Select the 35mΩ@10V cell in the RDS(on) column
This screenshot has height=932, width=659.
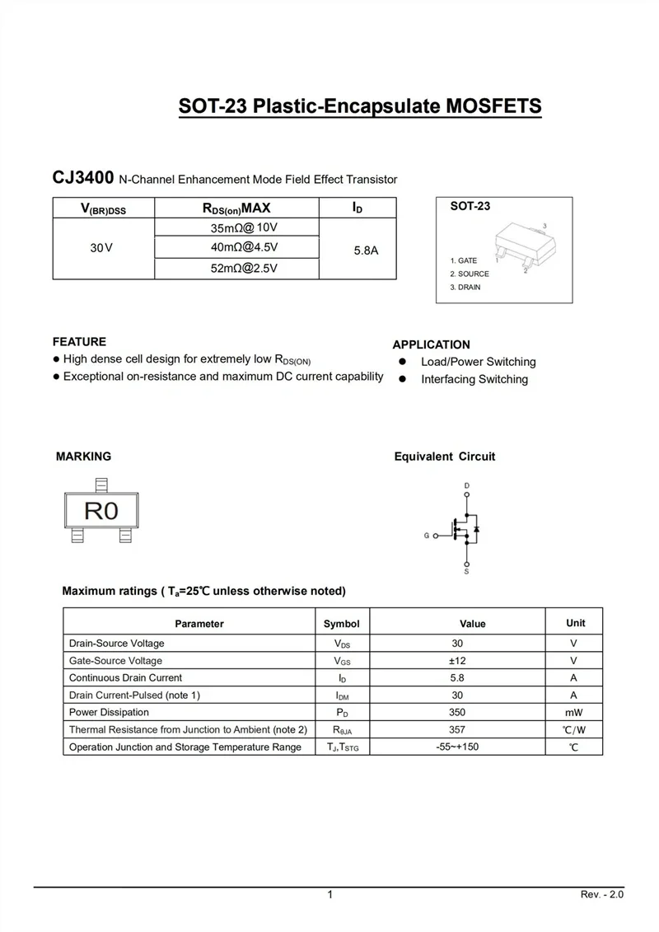244,227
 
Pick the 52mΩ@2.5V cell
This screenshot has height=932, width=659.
244,269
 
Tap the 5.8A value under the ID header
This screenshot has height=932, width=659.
366,250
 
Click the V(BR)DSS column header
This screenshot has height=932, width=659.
103,209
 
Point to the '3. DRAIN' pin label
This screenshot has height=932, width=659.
465,288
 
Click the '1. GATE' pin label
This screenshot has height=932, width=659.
463,260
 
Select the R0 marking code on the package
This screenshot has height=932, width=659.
101,510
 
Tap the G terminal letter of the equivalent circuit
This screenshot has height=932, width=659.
427,536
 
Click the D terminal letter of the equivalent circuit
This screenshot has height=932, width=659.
467,486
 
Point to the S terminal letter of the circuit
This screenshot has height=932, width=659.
467,571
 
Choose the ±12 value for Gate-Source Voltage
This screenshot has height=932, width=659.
457,661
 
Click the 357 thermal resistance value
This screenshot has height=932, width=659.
457,729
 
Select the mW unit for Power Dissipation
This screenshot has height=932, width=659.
573,713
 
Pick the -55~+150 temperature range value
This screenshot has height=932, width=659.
457,747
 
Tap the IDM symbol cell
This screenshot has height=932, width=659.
341,696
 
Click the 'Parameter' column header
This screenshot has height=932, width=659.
199,624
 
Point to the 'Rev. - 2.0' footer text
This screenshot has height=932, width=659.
602,895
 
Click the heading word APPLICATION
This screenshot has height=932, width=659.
431,345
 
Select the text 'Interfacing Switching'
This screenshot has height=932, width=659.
474,380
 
